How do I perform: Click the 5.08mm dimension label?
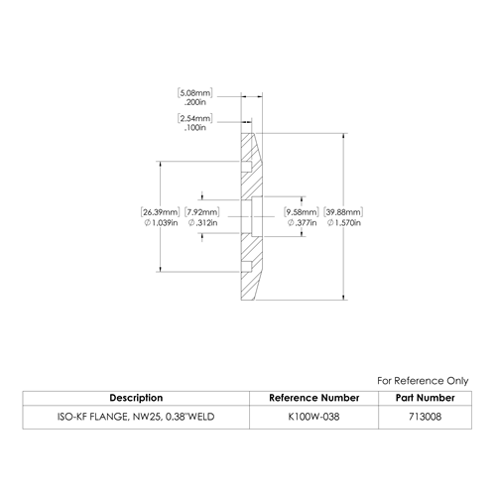point(195,92)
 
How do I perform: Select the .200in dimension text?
point(195,102)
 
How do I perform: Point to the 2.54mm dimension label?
point(195,118)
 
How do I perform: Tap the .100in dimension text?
point(195,128)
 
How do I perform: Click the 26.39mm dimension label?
point(161,212)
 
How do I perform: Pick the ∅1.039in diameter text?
point(161,223)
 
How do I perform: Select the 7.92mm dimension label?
point(202,212)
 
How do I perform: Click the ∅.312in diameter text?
point(202,223)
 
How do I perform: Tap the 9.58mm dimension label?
point(302,212)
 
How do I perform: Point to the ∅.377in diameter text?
point(302,223)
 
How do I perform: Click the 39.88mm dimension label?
point(343,212)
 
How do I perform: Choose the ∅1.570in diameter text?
point(344,223)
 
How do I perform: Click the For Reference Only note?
point(423,381)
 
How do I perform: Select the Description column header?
point(136,398)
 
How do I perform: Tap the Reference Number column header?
point(313,398)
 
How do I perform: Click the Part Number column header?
point(425,398)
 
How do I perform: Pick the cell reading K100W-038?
point(313,417)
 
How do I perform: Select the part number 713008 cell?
point(425,417)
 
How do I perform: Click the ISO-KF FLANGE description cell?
point(136,417)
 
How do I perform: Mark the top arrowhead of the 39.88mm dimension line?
point(344,136)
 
